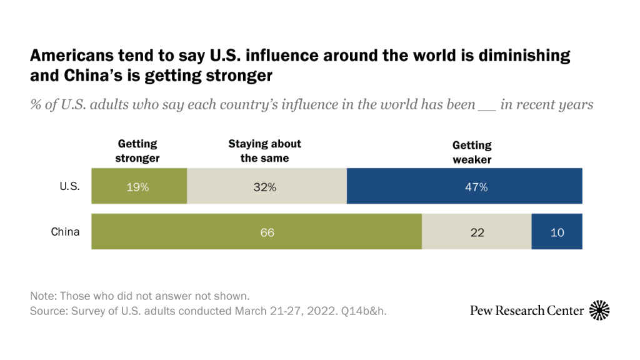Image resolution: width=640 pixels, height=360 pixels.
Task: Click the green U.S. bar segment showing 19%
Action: (x=139, y=186)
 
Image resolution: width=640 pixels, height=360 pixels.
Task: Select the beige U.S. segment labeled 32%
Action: (x=266, y=186)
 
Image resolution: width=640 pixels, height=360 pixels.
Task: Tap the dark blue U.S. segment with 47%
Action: (x=464, y=186)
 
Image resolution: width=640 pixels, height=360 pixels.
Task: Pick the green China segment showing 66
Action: (x=256, y=232)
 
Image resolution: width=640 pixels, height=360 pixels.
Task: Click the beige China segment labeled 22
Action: (x=476, y=232)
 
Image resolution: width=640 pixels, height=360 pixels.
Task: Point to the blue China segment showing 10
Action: (x=557, y=232)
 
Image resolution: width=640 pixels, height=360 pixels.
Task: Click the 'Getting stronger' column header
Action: (x=137, y=151)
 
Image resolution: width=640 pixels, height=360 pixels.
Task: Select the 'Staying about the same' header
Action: (x=264, y=151)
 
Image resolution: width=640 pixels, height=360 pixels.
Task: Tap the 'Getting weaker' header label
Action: (x=472, y=152)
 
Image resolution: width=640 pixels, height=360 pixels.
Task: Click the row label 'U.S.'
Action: (x=69, y=186)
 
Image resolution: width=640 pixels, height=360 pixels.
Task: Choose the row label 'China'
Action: (x=66, y=232)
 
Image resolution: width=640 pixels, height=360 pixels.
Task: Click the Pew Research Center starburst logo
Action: (x=599, y=310)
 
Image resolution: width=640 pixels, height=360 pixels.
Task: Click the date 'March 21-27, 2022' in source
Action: (x=281, y=309)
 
